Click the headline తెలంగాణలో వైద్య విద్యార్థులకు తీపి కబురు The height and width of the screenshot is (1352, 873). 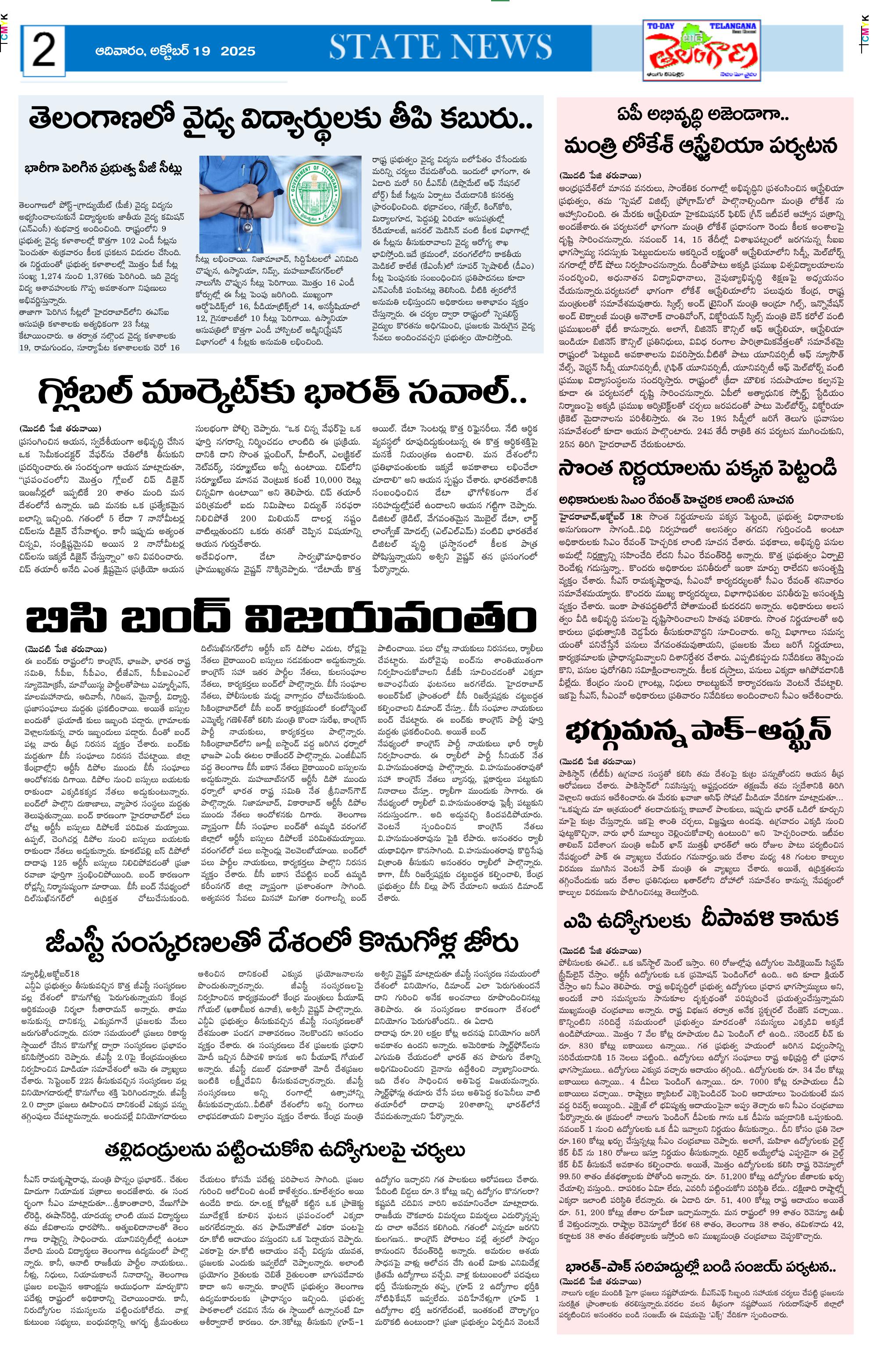tap(281, 120)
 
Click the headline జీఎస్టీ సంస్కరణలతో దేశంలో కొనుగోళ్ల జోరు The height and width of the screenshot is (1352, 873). tap(282, 943)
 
